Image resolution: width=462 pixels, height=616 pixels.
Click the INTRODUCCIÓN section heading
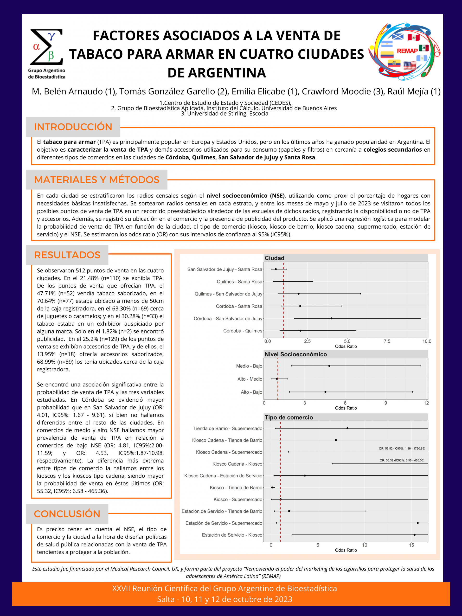click(73, 127)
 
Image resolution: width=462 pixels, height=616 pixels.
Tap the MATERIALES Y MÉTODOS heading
click(97, 180)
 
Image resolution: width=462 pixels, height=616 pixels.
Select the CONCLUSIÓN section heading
click(67, 514)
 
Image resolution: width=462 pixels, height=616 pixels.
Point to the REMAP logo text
click(407, 51)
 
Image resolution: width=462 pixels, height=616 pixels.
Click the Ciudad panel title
click(275, 258)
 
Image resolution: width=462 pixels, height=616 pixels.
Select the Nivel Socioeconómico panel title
click(295, 354)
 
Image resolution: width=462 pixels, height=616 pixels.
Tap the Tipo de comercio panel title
click(289, 417)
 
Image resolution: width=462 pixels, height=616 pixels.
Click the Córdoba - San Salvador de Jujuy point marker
click(331, 318)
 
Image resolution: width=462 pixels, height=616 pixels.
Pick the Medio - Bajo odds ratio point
click(329, 366)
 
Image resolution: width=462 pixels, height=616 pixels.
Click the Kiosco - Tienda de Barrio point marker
click(272, 487)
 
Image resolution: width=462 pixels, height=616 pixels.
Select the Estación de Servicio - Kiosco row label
click(232, 535)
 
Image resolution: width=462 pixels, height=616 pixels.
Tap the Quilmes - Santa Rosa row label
click(239, 282)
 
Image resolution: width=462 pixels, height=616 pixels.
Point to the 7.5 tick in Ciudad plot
click(387, 341)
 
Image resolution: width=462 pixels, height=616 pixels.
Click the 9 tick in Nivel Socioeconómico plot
click(385, 403)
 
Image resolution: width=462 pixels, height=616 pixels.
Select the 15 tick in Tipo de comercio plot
click(411, 545)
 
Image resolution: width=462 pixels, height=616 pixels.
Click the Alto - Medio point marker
click(277, 379)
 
